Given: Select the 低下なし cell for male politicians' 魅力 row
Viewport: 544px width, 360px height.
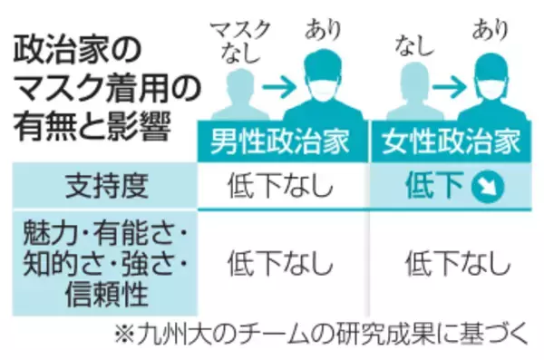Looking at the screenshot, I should pyautogui.click(x=279, y=263).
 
